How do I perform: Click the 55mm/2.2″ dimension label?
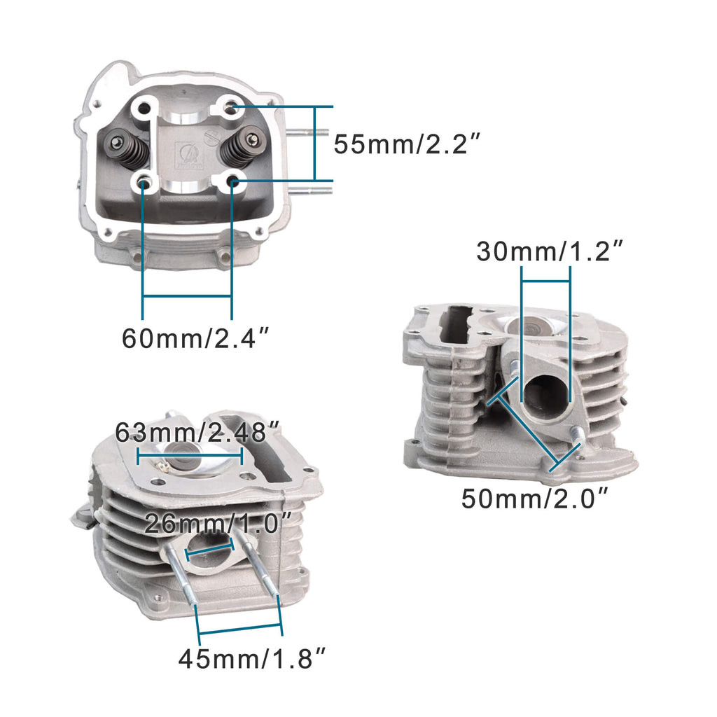[x=407, y=144]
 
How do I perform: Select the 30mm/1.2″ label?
[x=550, y=251]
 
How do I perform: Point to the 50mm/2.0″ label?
[x=534, y=499]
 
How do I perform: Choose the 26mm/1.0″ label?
[x=218, y=522]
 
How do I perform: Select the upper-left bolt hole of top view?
[x=144, y=110]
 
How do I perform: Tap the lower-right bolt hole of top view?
[x=233, y=182]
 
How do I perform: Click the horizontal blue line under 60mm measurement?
[x=187, y=297]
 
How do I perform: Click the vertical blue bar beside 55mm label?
[x=314, y=144]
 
